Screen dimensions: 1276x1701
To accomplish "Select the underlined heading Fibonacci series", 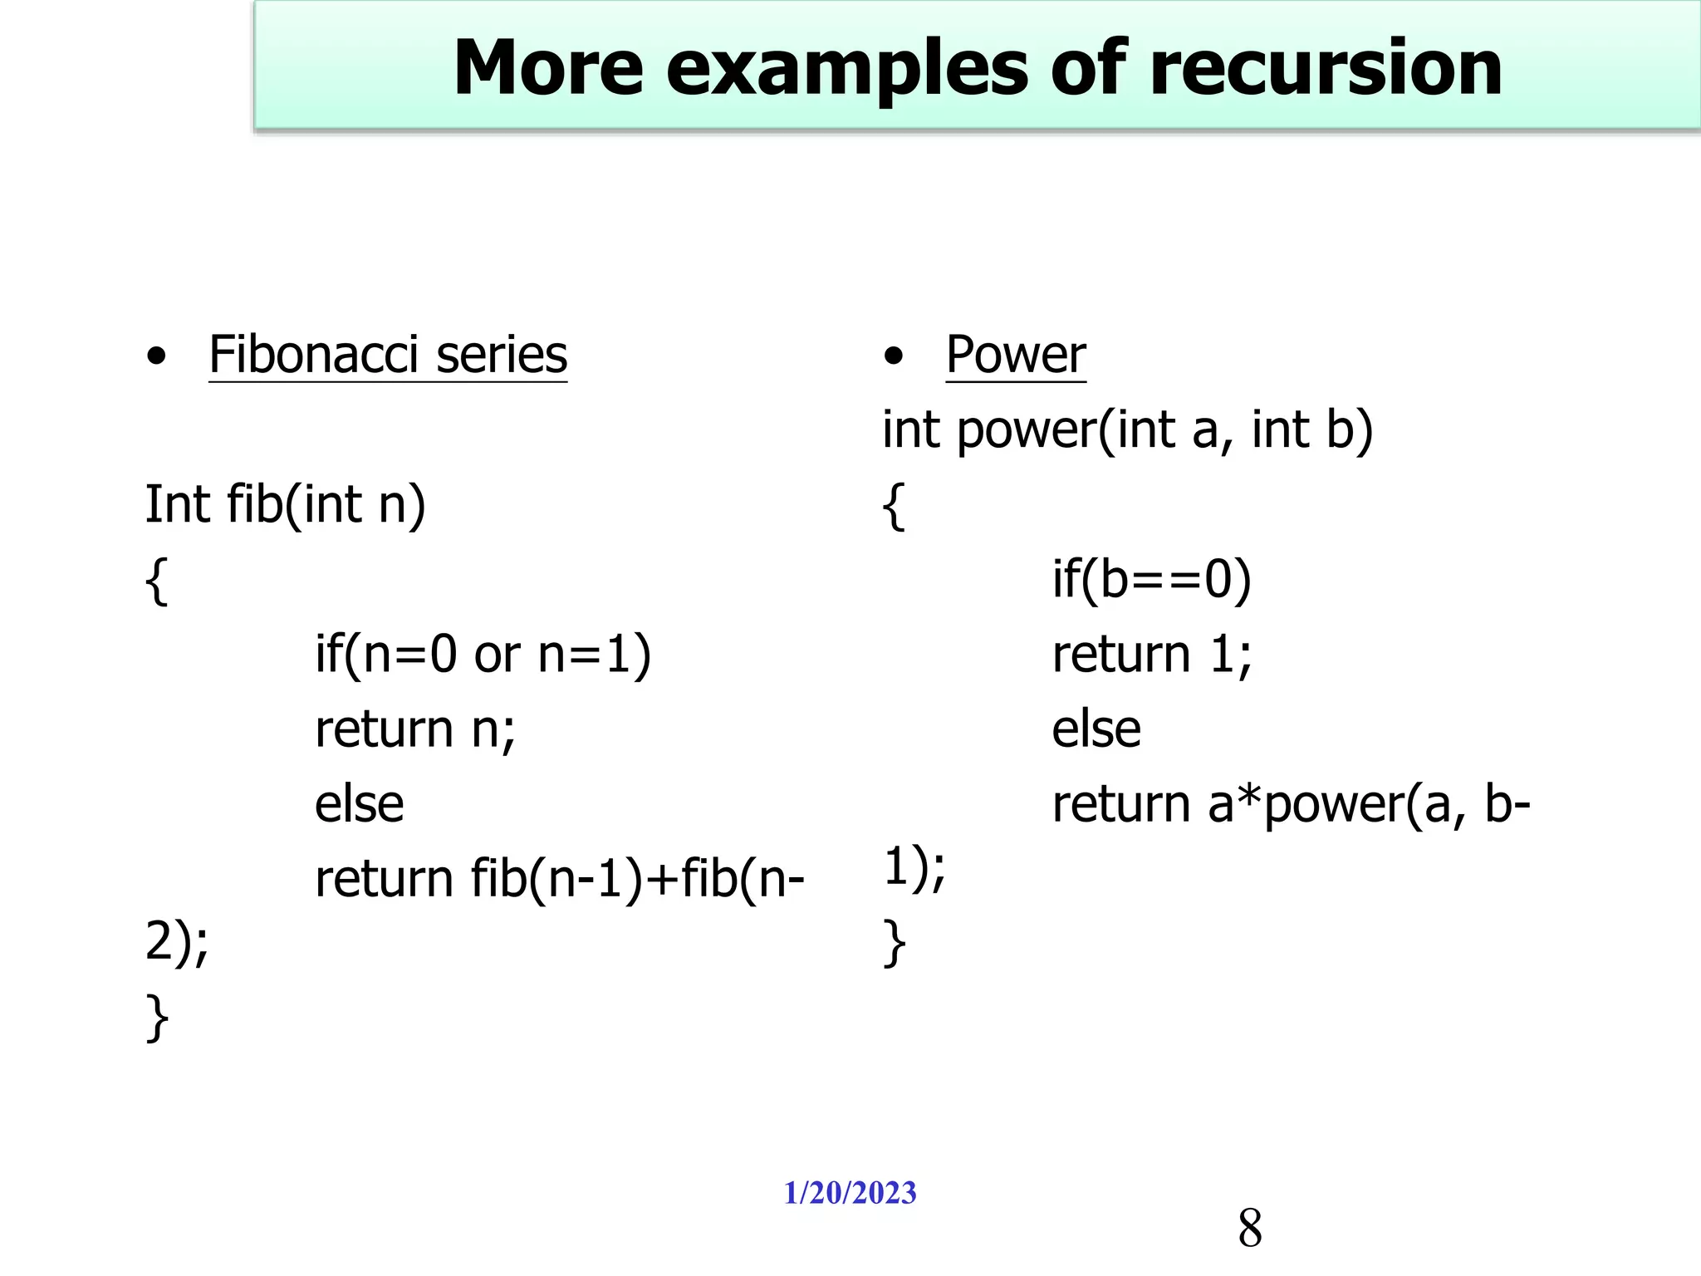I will pos(388,355).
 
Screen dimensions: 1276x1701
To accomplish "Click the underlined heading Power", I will pos(1015,355).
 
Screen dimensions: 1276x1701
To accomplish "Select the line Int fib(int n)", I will pos(285,504).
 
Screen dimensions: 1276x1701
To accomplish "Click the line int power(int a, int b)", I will pos(1127,429).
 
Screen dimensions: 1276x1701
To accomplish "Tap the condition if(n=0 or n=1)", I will pos(483,654).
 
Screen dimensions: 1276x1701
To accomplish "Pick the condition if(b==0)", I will pos(1151,579).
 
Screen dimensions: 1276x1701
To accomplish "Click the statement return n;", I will pos(414,729).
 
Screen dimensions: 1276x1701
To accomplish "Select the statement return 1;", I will pos(1151,654).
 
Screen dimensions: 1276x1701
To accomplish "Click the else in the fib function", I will pos(359,803).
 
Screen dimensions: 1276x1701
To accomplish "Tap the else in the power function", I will pos(1096,729).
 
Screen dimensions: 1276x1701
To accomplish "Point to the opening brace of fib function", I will pos(156,581).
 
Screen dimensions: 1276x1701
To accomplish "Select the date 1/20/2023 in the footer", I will pos(850,1193).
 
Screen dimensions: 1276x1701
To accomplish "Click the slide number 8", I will pos(1249,1228).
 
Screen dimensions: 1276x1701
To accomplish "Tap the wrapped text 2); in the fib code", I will pos(176,943).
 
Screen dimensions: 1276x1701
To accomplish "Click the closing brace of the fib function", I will pos(156,1018).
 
